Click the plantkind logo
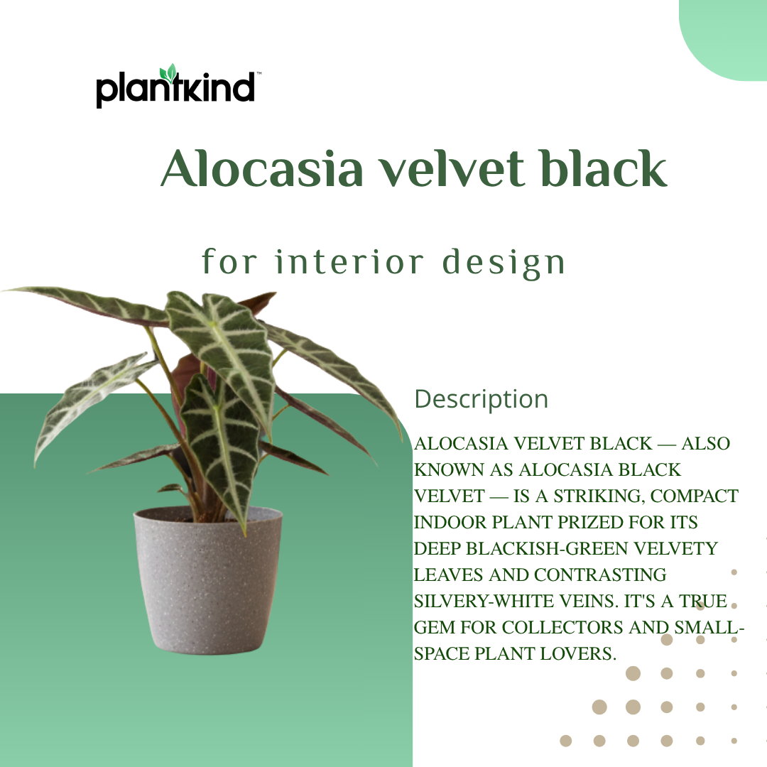[x=175, y=87]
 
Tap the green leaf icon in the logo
[x=168, y=73]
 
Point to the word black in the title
[x=603, y=170]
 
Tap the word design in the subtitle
[x=504, y=263]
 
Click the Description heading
[x=481, y=399]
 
